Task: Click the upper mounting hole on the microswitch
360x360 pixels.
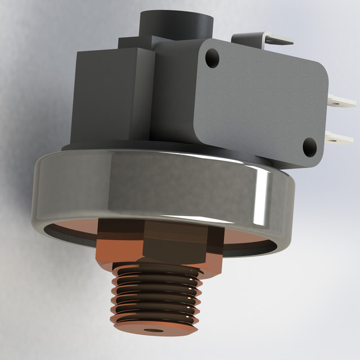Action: pos(212,57)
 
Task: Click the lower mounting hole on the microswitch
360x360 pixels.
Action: pos(309,147)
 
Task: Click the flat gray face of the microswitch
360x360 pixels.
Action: pos(259,101)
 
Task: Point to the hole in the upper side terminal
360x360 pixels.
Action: pos(337,101)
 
